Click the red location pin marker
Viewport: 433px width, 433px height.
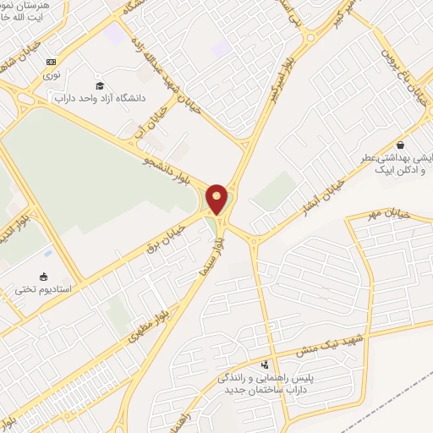(216, 200)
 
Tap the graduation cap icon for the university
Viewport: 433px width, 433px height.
(100, 86)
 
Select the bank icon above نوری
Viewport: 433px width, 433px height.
(52, 61)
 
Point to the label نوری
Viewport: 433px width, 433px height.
(53, 74)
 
